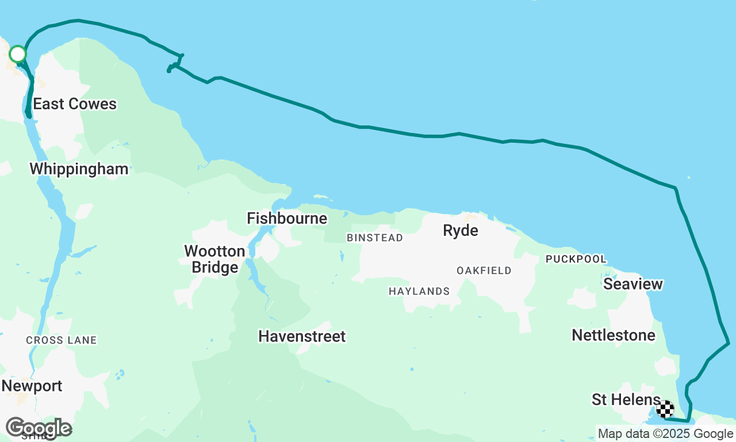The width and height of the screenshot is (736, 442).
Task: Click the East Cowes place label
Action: point(75,104)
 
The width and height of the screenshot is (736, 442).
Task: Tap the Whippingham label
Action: point(79,169)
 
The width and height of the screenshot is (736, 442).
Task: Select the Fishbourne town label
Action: point(287,219)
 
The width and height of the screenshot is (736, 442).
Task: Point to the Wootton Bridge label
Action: point(214,260)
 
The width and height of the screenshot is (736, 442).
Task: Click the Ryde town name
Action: point(460,231)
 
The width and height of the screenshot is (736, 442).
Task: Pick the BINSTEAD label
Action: point(374,238)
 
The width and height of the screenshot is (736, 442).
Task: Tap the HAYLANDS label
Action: point(419,292)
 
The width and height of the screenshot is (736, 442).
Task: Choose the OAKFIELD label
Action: point(484,270)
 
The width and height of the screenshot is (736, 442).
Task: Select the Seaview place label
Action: point(633,284)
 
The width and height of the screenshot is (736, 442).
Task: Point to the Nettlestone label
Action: point(614,336)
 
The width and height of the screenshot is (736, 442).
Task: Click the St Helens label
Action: point(626,400)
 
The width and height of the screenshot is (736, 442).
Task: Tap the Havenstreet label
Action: point(302,337)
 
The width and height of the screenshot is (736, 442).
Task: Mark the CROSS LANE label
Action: point(61,341)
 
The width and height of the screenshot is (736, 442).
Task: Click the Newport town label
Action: point(32,386)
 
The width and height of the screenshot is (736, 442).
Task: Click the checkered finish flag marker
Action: point(665,409)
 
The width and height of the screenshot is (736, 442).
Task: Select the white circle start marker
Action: point(18,54)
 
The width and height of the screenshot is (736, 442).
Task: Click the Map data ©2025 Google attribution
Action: point(665,434)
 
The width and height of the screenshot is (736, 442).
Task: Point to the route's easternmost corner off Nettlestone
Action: point(729,344)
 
